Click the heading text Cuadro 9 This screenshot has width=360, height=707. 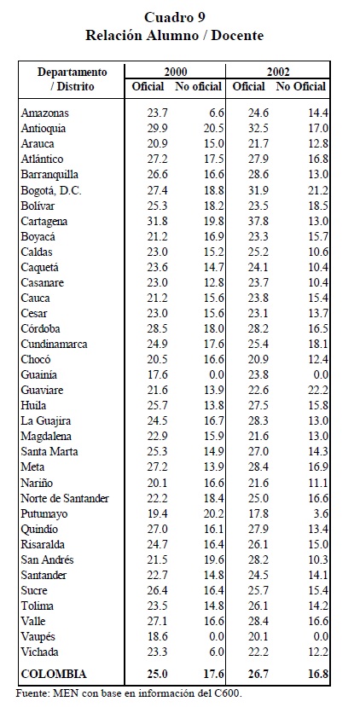[175, 18]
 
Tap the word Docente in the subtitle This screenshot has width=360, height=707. [237, 36]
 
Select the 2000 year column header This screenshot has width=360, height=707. [176, 72]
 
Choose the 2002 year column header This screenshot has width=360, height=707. [278, 72]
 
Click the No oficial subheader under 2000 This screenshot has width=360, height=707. [199, 86]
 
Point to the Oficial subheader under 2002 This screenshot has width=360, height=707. [248, 86]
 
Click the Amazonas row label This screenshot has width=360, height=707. [44, 113]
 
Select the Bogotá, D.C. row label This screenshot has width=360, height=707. [51, 191]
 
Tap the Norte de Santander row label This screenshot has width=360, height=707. [65, 498]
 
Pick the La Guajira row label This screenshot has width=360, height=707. [45, 421]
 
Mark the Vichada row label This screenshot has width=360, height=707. [40, 652]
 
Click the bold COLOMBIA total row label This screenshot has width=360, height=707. [53, 674]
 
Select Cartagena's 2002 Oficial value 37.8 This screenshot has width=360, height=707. [258, 222]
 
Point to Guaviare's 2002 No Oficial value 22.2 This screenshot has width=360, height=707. [317, 390]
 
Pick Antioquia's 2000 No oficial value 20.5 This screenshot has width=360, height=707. [213, 129]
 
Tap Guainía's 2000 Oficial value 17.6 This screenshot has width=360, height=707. [158, 374]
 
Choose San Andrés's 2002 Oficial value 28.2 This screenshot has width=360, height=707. [258, 559]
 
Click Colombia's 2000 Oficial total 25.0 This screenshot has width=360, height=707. [158, 674]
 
